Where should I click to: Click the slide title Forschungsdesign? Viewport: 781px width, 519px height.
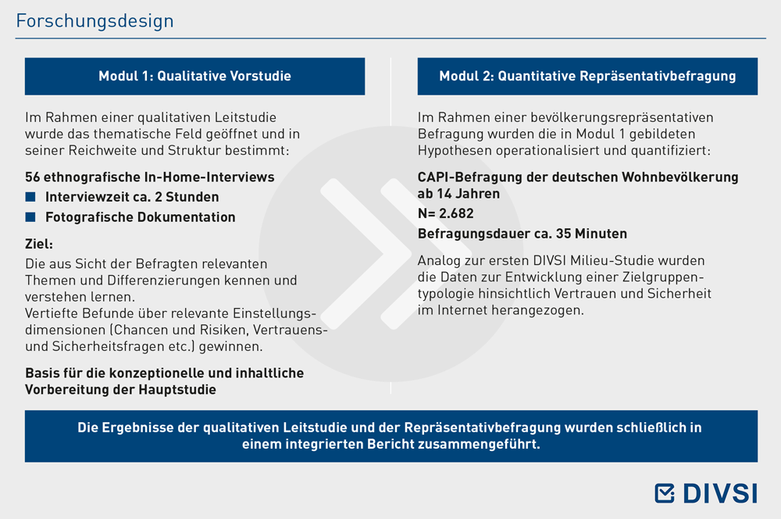click(95, 21)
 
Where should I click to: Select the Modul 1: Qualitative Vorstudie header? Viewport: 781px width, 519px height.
click(194, 77)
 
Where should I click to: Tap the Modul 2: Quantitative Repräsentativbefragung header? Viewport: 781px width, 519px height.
click(587, 77)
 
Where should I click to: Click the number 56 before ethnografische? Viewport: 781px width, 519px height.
click(32, 177)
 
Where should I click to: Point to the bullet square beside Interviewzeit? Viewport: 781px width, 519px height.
click(30, 197)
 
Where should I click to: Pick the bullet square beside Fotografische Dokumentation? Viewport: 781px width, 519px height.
click(30, 217)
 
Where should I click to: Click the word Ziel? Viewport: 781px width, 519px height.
click(39, 244)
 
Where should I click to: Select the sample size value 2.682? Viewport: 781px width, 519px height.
click(456, 213)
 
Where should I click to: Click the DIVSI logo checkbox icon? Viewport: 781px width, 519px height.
click(665, 493)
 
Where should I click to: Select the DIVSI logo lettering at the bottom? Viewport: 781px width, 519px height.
click(720, 493)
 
